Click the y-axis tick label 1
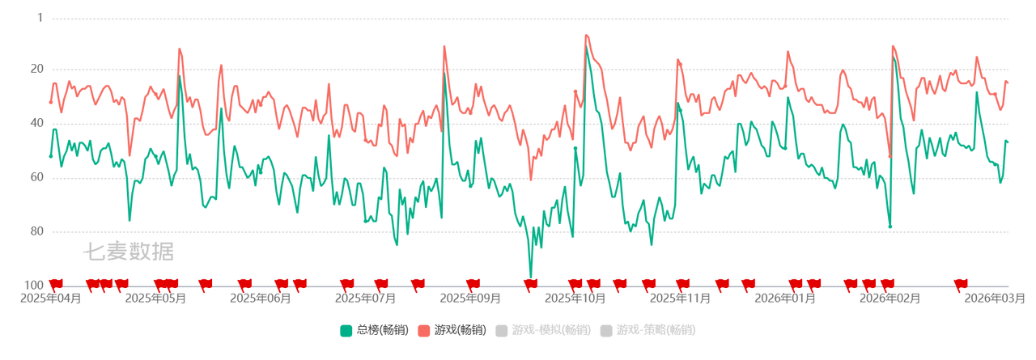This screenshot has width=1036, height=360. pos(39,15)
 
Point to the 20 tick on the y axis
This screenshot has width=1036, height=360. pos(36,70)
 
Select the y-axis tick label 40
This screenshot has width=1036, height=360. pos(36,123)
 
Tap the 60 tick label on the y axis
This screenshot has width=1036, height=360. pos(36,177)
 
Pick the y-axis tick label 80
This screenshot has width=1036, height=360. pos(36,231)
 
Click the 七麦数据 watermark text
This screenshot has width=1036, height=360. pos(128,252)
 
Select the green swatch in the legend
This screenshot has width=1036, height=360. pos(346,330)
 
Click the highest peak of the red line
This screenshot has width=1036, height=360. pos(586,35)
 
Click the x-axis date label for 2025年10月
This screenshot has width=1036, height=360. pos(574,298)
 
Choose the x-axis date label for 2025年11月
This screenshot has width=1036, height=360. pos(679,298)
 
